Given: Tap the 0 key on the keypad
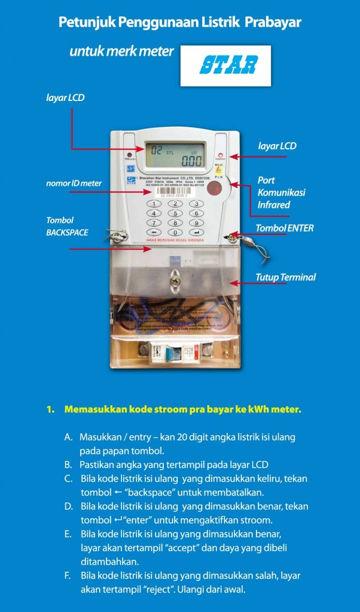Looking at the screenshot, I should click(x=174, y=232).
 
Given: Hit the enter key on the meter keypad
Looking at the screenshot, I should click(x=195, y=232).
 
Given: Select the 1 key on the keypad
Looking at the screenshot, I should click(x=154, y=203).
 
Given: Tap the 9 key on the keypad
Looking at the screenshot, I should click(x=195, y=222).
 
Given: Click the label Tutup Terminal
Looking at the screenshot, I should click(x=285, y=277).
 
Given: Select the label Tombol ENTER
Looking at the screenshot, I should click(x=284, y=228).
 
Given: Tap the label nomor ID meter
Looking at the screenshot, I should click(x=74, y=183).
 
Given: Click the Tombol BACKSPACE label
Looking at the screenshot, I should click(x=67, y=227).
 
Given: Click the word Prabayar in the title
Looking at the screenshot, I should click(x=272, y=23).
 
